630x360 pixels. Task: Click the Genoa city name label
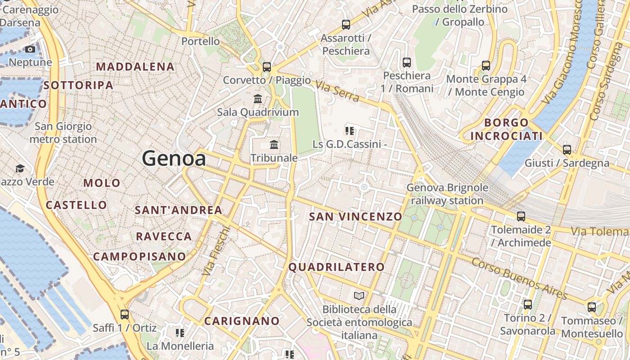(174, 158)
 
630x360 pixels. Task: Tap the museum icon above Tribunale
(274, 144)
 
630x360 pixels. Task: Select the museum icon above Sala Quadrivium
(258, 99)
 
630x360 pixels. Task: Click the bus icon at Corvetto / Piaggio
(267, 67)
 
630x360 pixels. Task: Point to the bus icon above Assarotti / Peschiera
(346, 25)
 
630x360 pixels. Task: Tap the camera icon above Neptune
(30, 49)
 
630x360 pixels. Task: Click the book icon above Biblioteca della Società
(359, 296)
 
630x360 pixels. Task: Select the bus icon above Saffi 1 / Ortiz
(125, 314)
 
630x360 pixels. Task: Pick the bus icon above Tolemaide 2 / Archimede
(521, 216)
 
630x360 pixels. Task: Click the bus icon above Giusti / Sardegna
(567, 150)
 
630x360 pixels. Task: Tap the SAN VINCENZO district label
(355, 217)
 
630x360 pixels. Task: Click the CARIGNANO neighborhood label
(242, 321)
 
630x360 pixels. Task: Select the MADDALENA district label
(135, 67)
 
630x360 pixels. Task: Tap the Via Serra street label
(337, 91)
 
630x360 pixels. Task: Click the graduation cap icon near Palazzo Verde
(20, 169)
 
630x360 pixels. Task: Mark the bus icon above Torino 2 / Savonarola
(528, 305)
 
